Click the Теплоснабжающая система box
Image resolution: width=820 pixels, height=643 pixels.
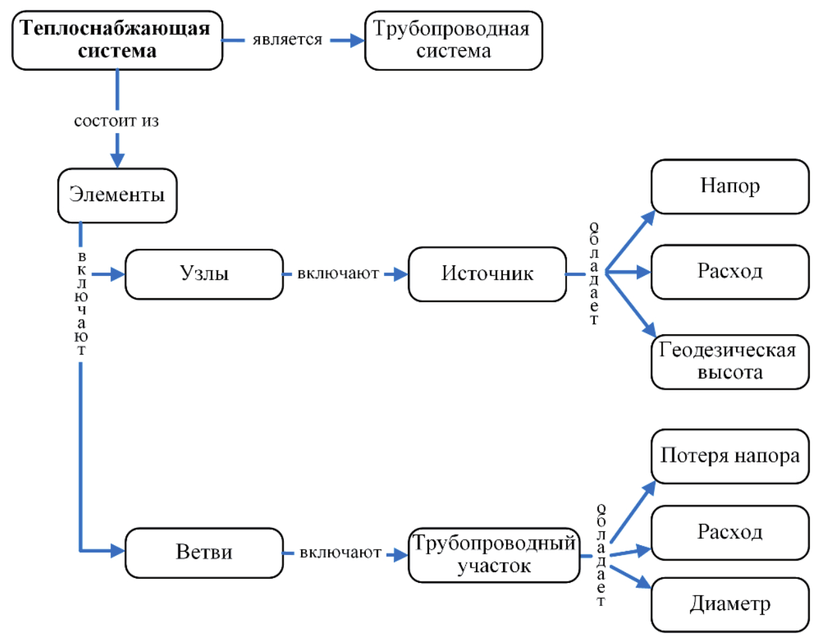point(117,40)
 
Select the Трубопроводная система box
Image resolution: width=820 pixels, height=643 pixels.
point(453,40)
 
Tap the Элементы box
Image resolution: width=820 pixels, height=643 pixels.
point(117,195)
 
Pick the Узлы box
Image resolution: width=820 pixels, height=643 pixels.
point(204,274)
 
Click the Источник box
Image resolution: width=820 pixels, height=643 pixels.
point(487,274)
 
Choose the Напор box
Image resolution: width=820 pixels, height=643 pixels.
point(729,186)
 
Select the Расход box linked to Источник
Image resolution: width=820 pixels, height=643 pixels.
point(729,271)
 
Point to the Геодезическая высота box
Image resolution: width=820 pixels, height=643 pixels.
point(729,361)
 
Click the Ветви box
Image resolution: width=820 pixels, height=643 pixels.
point(204,552)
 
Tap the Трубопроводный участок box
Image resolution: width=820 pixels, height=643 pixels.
point(494,554)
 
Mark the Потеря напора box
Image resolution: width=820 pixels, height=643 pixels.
point(729,456)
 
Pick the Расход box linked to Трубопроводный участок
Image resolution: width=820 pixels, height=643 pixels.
point(729,533)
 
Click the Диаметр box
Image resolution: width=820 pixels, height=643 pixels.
point(729,604)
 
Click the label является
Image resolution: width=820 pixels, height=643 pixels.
point(287,40)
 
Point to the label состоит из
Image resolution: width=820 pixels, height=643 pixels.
point(116,122)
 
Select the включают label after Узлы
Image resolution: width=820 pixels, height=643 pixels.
point(338,274)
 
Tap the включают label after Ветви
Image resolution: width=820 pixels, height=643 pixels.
point(340,553)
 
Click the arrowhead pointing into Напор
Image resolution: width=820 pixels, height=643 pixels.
point(649,217)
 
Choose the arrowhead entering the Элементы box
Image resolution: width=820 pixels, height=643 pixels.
point(117,161)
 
